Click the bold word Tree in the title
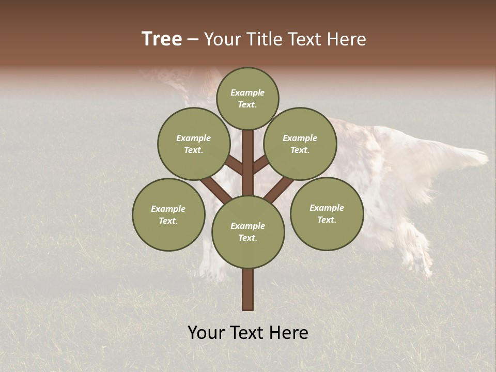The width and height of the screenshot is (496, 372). tap(162, 39)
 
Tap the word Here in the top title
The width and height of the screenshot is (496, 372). tap(347, 39)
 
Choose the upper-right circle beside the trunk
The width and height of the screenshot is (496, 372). tap(300, 144)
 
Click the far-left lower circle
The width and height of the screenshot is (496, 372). tap(168, 214)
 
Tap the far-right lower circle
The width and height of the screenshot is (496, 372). tap(327, 213)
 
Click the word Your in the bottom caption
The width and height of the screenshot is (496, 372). tap(206, 333)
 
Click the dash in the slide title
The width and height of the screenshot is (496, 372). tap(193, 40)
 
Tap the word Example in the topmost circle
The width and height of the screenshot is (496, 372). tap(247, 92)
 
